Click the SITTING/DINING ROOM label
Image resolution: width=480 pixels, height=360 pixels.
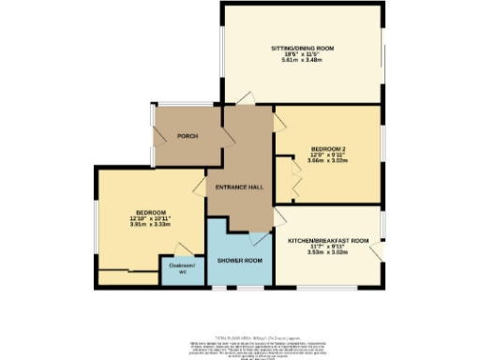[302, 48]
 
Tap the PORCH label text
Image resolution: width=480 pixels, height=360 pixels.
[187, 136]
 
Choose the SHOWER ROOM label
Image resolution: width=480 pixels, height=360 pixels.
[239, 259]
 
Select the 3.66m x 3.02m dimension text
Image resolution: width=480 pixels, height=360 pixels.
[327, 159]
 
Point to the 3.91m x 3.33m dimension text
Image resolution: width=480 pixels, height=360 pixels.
[150, 225]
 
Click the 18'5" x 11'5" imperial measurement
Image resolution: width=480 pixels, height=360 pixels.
[302, 54]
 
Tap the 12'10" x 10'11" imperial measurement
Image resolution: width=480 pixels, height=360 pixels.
[150, 219]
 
